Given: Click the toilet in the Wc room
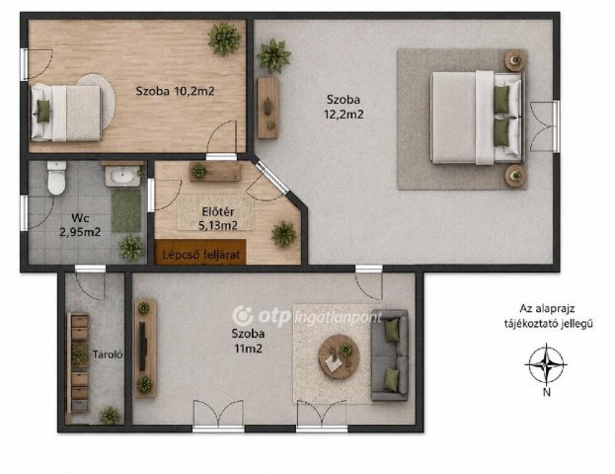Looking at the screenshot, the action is (x=56, y=178).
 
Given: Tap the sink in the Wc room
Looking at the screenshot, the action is (x=122, y=176).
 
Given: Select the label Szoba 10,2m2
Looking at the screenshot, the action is (x=175, y=92).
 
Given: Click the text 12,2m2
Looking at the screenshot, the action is (x=344, y=115).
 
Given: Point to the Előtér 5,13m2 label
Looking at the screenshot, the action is (x=218, y=218).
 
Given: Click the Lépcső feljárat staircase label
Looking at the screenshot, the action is (x=200, y=255).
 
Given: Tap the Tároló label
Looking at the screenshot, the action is (x=108, y=355).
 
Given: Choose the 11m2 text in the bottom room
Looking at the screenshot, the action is (x=248, y=349).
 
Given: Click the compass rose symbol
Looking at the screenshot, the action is (x=546, y=364).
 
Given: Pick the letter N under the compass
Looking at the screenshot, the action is (x=547, y=392).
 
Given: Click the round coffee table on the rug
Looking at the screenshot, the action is (x=340, y=356).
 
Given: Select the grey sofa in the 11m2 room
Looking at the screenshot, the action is (x=390, y=355).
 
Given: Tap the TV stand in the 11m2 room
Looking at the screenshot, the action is (x=145, y=348).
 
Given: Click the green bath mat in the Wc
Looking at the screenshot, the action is (x=126, y=210).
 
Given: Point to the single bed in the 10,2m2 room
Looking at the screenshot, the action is (x=66, y=113).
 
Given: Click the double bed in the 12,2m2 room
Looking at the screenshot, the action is (x=477, y=118).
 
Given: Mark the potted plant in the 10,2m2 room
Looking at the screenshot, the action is (x=224, y=39).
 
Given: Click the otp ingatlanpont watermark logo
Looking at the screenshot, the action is (x=307, y=316).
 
